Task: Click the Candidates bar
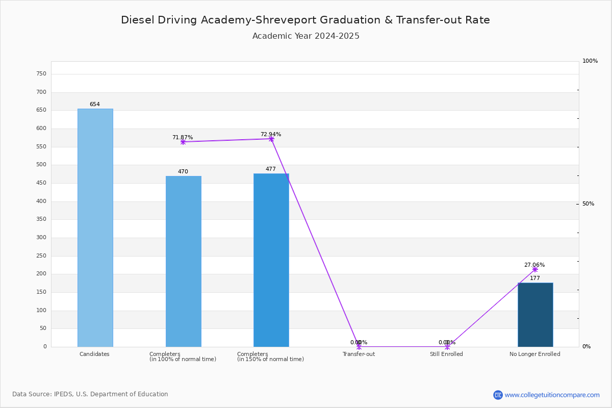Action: click(95, 227)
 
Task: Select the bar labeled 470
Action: click(183, 261)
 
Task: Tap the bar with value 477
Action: click(271, 260)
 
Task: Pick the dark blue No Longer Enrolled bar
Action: click(535, 315)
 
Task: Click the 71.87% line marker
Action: click(183, 142)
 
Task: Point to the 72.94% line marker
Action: click(271, 139)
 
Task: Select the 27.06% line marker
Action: click(535, 269)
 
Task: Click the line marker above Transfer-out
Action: click(359, 347)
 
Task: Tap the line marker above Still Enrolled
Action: click(447, 347)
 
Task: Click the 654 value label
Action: click(95, 105)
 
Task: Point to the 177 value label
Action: click(535, 278)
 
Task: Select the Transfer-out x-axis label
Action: click(359, 354)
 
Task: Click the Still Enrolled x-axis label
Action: click(446, 354)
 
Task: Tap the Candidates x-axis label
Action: click(94, 354)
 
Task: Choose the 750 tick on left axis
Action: click(41, 74)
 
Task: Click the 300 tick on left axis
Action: click(41, 238)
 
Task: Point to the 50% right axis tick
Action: click(588, 204)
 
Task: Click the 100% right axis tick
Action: click(590, 61)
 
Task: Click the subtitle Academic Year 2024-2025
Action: click(306, 36)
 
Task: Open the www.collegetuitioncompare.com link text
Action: click(552, 395)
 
